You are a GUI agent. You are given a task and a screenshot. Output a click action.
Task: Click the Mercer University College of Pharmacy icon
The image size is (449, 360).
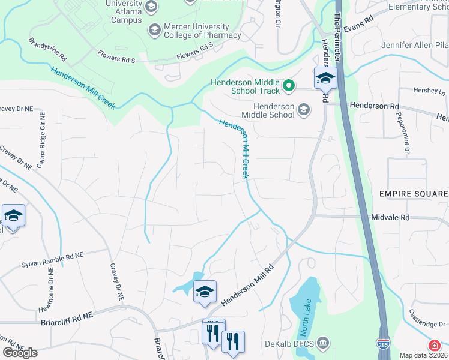coord(154,29)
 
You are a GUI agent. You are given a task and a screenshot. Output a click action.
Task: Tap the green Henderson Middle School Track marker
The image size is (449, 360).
coord(288,86)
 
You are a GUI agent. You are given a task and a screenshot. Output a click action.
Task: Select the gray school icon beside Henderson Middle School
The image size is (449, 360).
coord(304,109)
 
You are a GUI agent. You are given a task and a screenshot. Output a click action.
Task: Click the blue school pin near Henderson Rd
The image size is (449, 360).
coord(325,78)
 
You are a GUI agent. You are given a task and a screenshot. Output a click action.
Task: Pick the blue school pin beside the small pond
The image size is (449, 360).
coord(204,292)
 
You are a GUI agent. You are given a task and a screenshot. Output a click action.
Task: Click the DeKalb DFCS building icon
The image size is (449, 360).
coord(323,344)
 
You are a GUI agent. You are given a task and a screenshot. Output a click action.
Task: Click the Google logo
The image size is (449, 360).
coord(20,353)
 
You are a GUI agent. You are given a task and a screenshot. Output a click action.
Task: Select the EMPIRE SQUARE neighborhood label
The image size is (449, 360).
coord(413,194)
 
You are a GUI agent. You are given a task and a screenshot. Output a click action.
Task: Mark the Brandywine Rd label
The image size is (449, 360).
coord(47,49)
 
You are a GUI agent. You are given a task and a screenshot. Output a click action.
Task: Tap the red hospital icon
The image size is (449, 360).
coord(434,346)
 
